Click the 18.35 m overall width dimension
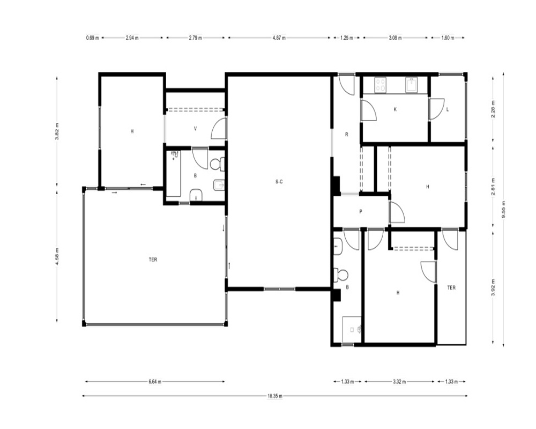[275, 396]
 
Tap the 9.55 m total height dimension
[503, 209]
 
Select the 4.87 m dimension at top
[279, 38]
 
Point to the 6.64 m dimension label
[155, 382]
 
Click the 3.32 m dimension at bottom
[399, 382]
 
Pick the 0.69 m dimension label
[92, 38]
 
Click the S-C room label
[279, 182]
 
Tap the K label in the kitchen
[395, 109]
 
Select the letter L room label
[448, 109]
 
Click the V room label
[196, 129]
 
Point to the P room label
[361, 212]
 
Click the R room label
[347, 135]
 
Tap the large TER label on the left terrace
[153, 260]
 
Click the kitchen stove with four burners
[381, 85]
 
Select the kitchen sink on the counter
[411, 85]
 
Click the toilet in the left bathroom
[217, 164]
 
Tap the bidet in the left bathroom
[219, 186]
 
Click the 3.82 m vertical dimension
[57, 131]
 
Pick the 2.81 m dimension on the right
[493, 186]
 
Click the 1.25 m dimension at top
[347, 38]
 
